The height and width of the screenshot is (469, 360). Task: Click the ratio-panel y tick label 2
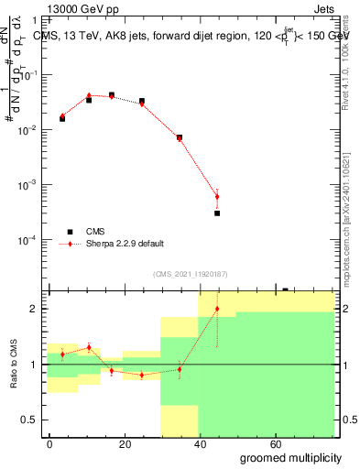click(x=36, y=309)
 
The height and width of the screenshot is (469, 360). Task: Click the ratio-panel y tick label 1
click(x=36, y=365)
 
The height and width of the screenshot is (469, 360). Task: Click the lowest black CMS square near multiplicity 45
click(x=217, y=213)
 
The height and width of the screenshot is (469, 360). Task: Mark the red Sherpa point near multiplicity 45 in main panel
click(x=217, y=196)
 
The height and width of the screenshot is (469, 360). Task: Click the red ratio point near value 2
click(x=217, y=309)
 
